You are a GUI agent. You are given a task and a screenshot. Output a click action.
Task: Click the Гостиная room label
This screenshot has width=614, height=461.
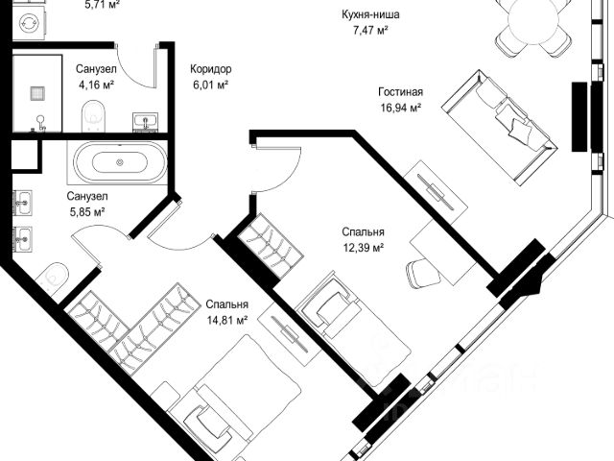click(x=401, y=92)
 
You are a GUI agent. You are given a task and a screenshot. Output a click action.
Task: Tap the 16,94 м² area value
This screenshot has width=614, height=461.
click(x=401, y=108)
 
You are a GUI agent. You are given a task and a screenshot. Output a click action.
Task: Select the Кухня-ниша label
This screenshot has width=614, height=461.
click(x=370, y=15)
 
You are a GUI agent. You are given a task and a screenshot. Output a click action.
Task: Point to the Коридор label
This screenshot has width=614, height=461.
click(x=211, y=69)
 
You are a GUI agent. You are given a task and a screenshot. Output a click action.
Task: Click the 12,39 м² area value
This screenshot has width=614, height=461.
click(x=363, y=248)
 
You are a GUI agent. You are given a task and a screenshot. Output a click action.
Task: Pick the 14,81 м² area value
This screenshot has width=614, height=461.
click(x=227, y=320)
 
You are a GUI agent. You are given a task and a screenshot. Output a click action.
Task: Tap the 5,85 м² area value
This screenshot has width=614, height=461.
click(x=87, y=212)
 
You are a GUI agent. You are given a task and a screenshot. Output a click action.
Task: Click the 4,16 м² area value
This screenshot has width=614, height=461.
click(x=96, y=85)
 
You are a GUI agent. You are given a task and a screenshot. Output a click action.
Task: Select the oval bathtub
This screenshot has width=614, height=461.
click(x=120, y=161)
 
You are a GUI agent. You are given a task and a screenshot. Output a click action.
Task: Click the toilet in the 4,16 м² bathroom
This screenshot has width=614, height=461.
click(x=94, y=116)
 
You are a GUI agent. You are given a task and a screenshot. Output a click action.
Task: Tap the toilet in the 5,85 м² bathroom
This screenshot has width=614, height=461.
click(x=53, y=278)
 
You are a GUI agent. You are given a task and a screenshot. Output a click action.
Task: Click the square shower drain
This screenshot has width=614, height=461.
click(x=37, y=93)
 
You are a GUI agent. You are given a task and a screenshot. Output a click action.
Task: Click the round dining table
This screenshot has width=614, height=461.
click(x=533, y=20)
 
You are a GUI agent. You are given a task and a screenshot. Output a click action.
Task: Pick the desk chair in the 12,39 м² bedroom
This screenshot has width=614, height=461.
click(x=422, y=274)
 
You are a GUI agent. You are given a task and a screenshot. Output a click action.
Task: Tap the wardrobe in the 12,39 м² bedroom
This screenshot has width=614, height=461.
click(x=271, y=246)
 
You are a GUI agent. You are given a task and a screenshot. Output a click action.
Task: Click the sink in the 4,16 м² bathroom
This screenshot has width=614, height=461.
click(x=146, y=121)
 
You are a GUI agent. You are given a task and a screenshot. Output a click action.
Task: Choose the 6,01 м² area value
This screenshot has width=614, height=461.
click(x=211, y=85)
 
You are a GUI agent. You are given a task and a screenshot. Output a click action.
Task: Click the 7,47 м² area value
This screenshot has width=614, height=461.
click(x=370, y=30)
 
